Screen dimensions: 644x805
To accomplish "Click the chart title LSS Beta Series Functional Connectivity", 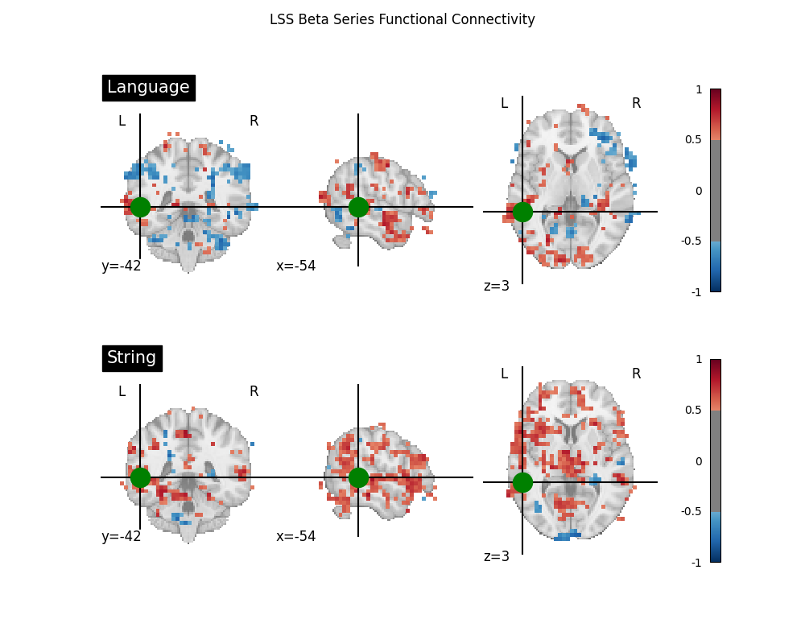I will point(402,19).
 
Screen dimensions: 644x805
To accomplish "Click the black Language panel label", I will point(148,88).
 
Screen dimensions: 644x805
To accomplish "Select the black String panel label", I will point(132,358).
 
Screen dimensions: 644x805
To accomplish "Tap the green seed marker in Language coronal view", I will point(140,207).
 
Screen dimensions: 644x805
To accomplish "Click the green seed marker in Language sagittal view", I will point(358,207).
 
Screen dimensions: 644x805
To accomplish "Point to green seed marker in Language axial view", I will point(522,212).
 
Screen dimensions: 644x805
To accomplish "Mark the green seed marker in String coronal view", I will point(140,477).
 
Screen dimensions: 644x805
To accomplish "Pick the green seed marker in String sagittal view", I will point(358,477).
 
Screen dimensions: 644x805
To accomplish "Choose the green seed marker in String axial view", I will point(522,482).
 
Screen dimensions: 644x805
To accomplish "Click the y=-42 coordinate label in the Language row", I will point(122,266).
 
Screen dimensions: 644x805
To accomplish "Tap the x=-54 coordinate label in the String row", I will point(296,537).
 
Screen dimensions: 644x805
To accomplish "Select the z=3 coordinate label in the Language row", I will point(497,286).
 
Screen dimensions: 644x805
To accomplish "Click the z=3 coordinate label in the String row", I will point(497,556).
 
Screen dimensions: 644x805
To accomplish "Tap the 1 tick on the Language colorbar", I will point(699,89).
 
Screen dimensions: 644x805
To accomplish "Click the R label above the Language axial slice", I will point(636,104).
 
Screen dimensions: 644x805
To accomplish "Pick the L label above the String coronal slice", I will point(122,392).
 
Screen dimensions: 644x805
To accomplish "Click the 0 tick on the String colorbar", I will point(699,461).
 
